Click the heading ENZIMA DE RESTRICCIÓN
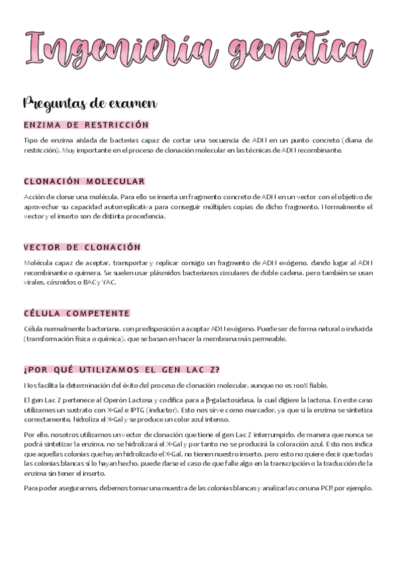point(86,124)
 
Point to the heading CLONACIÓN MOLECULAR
point(84,181)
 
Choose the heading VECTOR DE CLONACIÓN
point(82,247)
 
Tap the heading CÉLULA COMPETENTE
point(77,313)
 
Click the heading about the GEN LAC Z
point(121,370)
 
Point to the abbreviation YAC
point(109,282)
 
